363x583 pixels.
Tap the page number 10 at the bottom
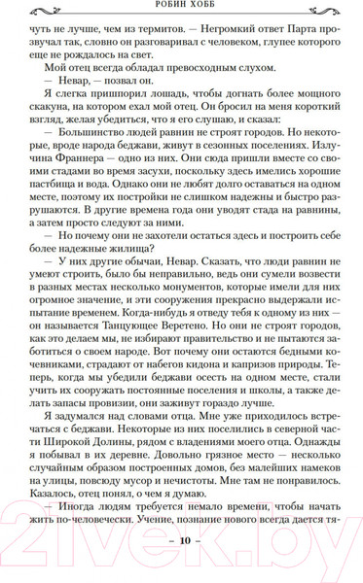click(181, 567)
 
